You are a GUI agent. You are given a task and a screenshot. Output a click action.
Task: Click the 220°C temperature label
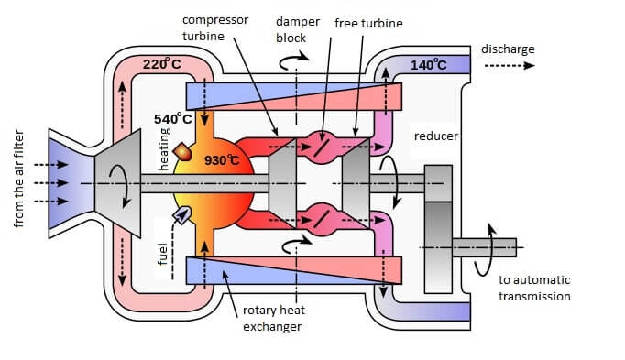162,64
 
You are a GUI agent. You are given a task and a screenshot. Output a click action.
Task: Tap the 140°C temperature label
429,64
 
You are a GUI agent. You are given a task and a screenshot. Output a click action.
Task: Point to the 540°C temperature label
173,118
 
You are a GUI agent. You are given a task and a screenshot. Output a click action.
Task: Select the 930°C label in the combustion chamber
222,160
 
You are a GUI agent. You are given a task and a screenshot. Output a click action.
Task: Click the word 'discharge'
508,49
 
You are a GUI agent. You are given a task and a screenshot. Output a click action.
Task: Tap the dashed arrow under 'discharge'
509,66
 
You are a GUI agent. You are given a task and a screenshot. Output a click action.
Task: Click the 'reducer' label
436,136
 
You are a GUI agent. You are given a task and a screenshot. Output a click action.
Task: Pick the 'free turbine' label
368,23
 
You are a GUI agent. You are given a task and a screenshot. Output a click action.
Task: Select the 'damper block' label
297,29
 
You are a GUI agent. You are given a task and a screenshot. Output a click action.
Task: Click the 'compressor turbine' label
215,27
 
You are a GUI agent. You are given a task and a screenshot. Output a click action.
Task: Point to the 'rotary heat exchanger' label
274,318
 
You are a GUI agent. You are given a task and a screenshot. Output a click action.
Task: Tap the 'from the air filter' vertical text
18,179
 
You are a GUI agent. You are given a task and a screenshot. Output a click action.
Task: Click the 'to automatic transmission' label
534,288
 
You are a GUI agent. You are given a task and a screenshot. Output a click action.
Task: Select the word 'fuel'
162,254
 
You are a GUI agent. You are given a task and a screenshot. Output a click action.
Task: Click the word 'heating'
164,149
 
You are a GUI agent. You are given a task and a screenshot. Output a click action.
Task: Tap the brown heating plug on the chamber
182,152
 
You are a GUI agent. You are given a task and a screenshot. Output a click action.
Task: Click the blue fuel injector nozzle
181,215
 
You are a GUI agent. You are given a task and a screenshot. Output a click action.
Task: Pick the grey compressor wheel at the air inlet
118,183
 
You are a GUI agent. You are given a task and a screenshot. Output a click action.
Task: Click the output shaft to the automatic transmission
484,247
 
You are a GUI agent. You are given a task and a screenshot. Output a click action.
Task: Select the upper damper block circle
321,147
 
